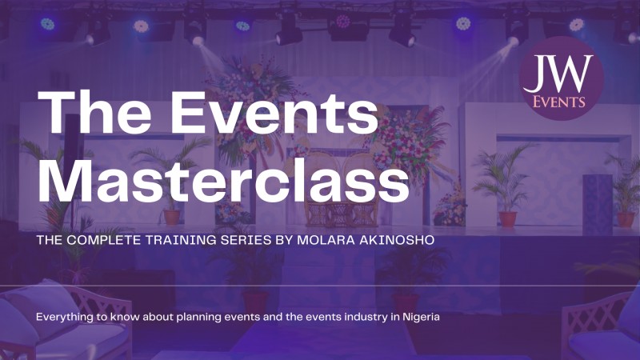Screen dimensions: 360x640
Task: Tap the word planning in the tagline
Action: tap(195, 318)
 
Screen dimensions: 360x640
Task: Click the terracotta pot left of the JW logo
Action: tap(506, 218)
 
